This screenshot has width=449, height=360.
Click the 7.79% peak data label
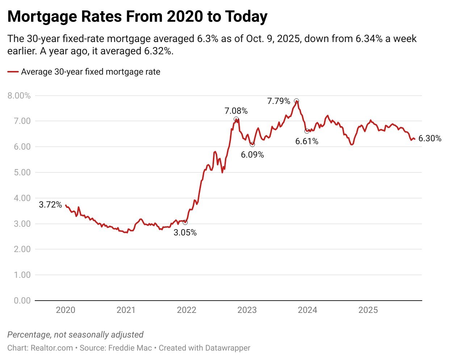point(278,101)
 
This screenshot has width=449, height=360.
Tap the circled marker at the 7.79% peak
point(297,101)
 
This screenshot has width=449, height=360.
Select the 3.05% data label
point(185,233)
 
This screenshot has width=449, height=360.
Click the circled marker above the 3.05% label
point(185,222)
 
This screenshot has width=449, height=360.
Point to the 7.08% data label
point(236,111)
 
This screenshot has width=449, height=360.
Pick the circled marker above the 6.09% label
point(252,145)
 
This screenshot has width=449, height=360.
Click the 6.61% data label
point(307,141)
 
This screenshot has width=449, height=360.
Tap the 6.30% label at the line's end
point(430,138)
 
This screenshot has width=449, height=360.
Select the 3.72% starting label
point(50,205)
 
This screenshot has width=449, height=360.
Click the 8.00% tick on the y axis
point(19,96)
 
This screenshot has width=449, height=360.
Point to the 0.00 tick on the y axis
point(22,300)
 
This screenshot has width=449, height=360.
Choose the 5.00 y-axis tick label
point(22,172)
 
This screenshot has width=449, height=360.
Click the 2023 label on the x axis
point(247,310)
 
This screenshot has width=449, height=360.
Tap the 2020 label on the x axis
point(66,310)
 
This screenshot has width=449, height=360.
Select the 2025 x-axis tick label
point(368,310)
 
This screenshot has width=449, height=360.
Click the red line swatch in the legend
point(13,72)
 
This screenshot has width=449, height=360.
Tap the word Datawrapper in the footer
point(227,348)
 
